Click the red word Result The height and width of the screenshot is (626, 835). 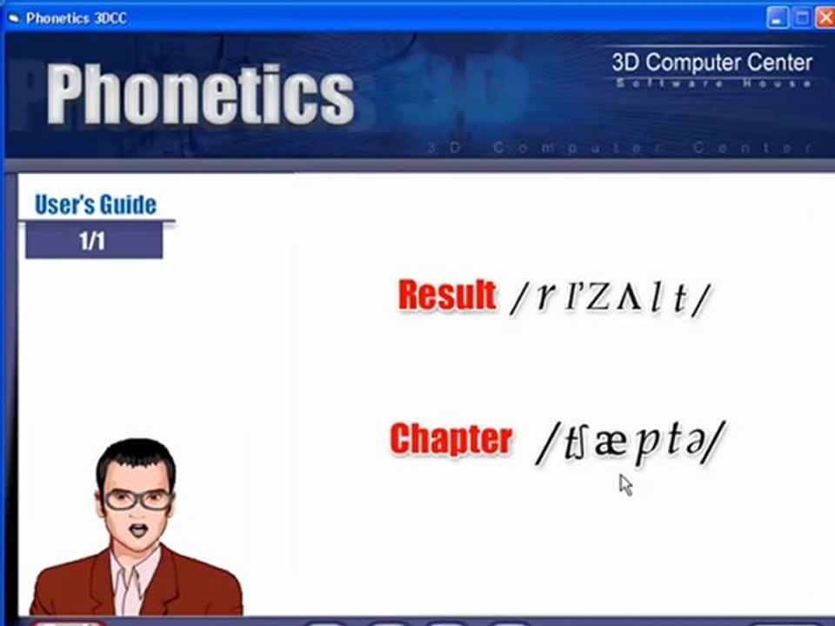pyautogui.click(x=446, y=296)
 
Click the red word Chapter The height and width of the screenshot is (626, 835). pyautogui.click(x=450, y=439)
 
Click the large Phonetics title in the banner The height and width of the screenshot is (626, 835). pyautogui.click(x=201, y=93)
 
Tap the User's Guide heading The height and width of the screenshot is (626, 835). pyautogui.click(x=96, y=205)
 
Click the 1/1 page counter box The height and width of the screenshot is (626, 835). pyautogui.click(x=93, y=241)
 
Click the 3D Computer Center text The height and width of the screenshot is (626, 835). pyautogui.click(x=711, y=63)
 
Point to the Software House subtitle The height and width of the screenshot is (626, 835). pyautogui.click(x=713, y=83)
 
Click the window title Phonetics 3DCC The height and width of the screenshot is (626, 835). pyautogui.click(x=77, y=17)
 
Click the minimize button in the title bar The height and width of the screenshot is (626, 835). pyautogui.click(x=778, y=17)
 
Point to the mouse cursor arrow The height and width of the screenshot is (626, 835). pyautogui.click(x=625, y=483)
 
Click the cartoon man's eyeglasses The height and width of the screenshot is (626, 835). pyautogui.click(x=137, y=500)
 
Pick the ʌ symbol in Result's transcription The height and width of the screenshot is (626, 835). pyautogui.click(x=628, y=298)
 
